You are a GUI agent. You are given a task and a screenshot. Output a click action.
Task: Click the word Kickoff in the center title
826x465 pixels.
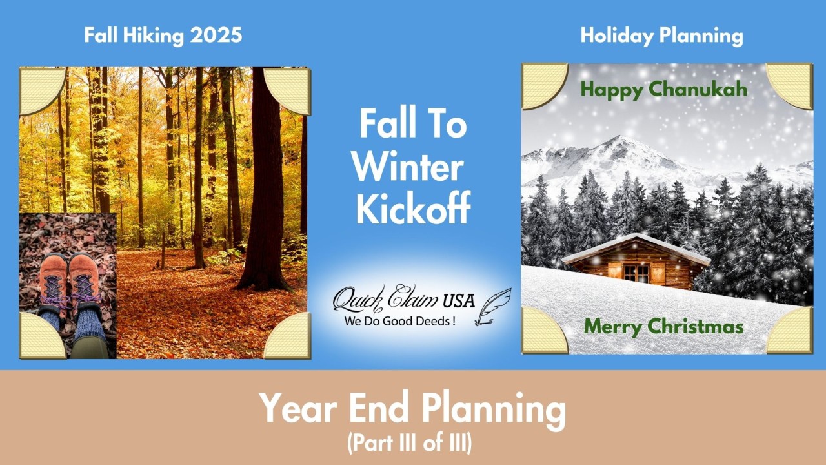pyautogui.click(x=414, y=207)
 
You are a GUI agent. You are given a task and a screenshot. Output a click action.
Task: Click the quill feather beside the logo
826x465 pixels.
pyautogui.click(x=493, y=307)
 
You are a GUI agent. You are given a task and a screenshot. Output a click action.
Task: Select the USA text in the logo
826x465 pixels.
pyautogui.click(x=458, y=301)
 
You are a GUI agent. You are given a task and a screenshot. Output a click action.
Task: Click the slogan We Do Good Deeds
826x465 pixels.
pyautogui.click(x=399, y=321)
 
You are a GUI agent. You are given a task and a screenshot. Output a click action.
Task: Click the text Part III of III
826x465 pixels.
pyautogui.click(x=410, y=443)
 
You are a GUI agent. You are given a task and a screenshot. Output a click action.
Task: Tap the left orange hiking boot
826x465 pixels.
pyautogui.click(x=53, y=280)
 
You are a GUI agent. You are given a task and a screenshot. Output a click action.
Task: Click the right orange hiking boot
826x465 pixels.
pyautogui.click(x=84, y=280)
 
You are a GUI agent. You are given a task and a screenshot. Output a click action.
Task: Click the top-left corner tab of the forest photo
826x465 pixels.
pyautogui.click(x=42, y=90)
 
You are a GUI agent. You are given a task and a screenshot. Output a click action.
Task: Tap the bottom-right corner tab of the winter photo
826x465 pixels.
pyautogui.click(x=789, y=330)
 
